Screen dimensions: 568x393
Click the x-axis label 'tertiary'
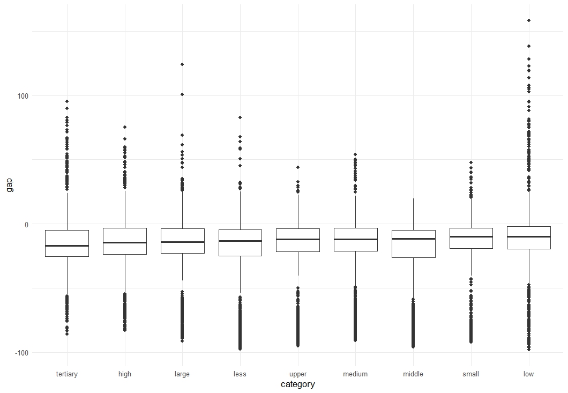(x=67, y=374)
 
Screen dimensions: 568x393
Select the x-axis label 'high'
(x=125, y=374)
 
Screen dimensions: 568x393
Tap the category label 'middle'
(x=413, y=374)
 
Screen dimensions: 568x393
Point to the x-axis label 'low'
(x=528, y=374)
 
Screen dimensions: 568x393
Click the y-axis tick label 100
(x=23, y=96)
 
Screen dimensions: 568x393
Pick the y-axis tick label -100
(x=21, y=353)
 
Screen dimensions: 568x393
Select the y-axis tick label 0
(x=26, y=225)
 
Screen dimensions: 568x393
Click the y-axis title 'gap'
(x=10, y=185)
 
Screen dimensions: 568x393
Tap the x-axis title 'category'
(x=298, y=384)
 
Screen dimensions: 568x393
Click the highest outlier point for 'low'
(x=529, y=20)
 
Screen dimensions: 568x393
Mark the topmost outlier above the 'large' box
(x=182, y=64)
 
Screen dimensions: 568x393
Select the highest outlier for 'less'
(x=240, y=117)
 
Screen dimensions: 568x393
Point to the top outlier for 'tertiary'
(x=67, y=101)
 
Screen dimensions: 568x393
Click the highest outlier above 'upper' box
(x=298, y=167)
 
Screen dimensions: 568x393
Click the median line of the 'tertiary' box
(x=67, y=246)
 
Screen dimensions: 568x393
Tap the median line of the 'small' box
(x=471, y=237)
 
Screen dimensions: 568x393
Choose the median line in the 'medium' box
(x=355, y=239)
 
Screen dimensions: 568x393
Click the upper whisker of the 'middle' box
(x=413, y=214)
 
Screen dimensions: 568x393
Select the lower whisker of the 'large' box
(x=182, y=267)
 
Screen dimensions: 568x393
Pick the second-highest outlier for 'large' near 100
(x=182, y=94)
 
